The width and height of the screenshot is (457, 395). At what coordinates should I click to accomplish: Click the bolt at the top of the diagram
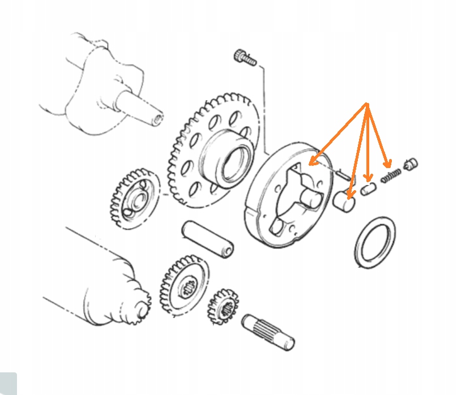[244, 57]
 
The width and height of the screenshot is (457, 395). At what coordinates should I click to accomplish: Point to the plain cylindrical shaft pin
[207, 239]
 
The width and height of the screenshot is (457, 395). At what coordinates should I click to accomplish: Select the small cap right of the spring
[411, 164]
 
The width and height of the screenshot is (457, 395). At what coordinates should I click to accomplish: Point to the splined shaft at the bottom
[268, 330]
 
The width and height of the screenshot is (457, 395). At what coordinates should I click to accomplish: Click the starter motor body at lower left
[96, 277]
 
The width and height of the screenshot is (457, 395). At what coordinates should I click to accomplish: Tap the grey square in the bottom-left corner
[7, 384]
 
